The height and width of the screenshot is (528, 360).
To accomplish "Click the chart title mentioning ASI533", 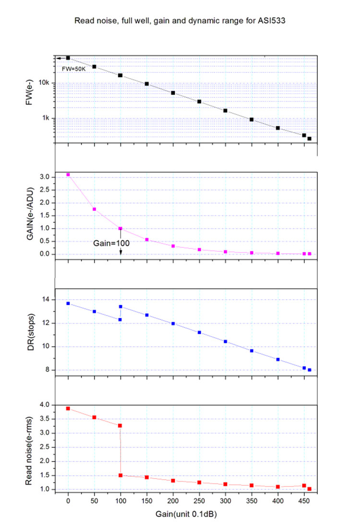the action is click(x=180, y=21).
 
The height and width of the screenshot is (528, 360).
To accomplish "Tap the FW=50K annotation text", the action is click(x=74, y=69).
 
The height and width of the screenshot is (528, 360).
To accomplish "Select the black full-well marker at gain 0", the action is click(x=68, y=58).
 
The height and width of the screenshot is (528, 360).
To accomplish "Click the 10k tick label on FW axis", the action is click(x=44, y=83).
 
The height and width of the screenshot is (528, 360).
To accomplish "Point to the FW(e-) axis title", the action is click(x=29, y=92).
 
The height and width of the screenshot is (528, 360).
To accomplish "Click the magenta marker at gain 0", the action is click(x=68, y=175).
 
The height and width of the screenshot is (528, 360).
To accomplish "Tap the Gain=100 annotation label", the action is click(x=111, y=243).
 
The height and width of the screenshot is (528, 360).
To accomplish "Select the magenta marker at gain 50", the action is click(x=95, y=210).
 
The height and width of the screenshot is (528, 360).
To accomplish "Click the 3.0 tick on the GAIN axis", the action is click(x=45, y=177).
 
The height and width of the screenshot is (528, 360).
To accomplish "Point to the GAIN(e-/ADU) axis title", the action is click(x=30, y=213).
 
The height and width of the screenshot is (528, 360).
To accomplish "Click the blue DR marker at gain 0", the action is click(x=68, y=304).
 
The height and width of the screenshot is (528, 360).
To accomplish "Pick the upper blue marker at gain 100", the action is click(x=120, y=307).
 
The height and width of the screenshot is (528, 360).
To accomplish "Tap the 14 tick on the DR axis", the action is click(x=46, y=299).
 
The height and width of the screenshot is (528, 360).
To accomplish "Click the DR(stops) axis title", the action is click(x=31, y=332).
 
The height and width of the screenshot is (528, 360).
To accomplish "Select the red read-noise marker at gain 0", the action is click(x=68, y=409).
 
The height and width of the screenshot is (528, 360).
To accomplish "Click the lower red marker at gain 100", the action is click(x=120, y=475).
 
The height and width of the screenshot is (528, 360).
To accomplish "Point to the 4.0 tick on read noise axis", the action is click(x=45, y=405).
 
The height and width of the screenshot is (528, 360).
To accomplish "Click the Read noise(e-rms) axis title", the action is click(x=29, y=451).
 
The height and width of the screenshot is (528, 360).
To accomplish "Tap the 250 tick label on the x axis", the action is click(x=199, y=501).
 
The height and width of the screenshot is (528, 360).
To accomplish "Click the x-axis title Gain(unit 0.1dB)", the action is click(x=186, y=514).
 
